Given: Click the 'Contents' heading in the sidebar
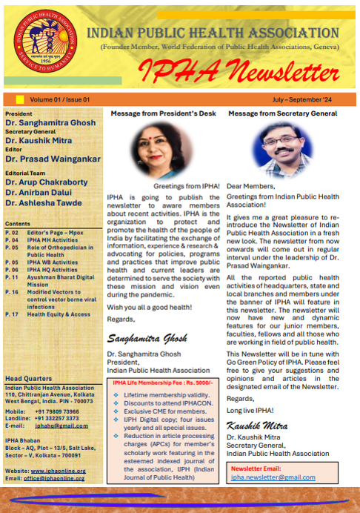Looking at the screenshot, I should click(18, 223).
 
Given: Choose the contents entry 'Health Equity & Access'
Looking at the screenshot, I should click(59, 314).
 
